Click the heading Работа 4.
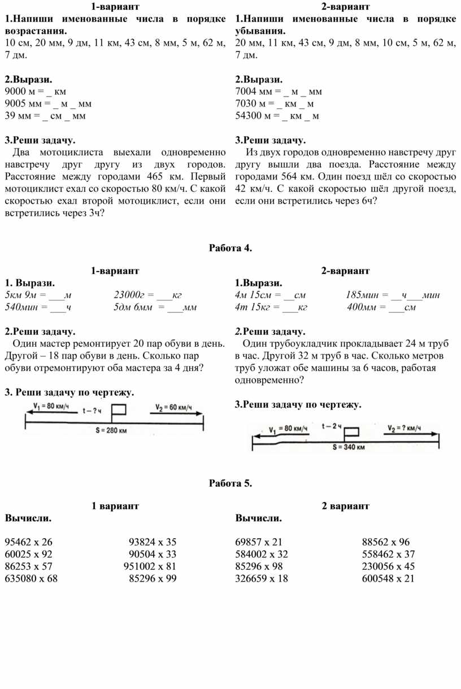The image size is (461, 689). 230,247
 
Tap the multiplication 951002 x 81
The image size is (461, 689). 150,566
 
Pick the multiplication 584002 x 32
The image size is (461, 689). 262,554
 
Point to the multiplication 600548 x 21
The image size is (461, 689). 389,578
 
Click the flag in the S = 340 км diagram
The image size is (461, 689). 351,433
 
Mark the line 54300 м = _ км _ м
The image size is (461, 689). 277,116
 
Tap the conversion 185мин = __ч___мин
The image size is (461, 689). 393,295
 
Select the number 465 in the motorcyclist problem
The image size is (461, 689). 155,176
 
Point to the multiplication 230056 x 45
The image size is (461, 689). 389,566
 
